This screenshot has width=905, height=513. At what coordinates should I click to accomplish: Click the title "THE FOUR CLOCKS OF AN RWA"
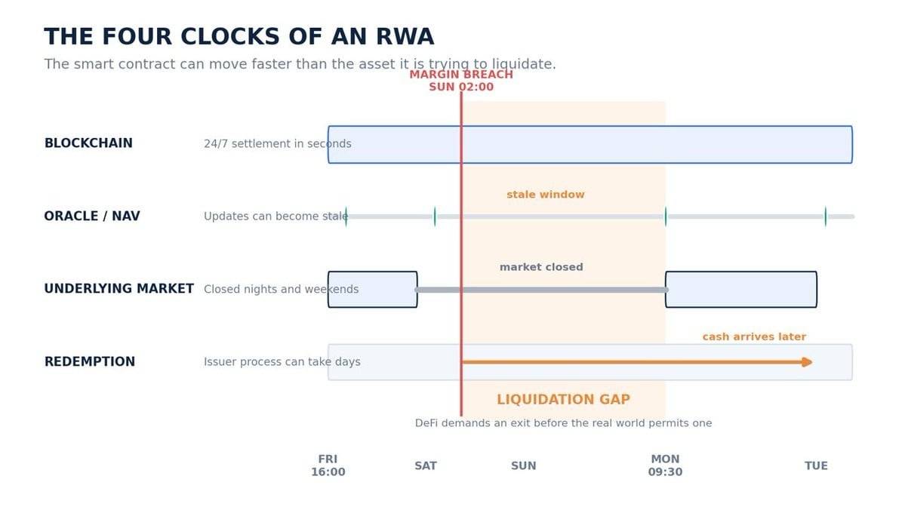pos(239,36)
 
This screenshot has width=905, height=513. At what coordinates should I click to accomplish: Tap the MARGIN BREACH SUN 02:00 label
pos(461,80)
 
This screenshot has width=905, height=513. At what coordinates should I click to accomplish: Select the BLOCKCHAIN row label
pos(88,143)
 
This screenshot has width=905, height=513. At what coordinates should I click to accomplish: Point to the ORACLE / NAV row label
pos(92,216)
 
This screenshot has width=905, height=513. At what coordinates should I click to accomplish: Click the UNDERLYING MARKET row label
pos(119,288)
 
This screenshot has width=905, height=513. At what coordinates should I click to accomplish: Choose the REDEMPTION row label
pos(90,362)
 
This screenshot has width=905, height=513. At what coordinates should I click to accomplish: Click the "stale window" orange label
pos(546,195)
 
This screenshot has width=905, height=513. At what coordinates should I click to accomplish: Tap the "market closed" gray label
pos(541,267)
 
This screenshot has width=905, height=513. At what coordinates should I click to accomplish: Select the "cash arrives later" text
pos(754,336)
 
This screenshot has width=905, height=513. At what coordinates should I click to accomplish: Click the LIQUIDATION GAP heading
pos(563,399)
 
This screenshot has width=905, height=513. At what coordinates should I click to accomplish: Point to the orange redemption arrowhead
pos(808,362)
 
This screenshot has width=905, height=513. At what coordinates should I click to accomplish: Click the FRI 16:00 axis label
pos(328,465)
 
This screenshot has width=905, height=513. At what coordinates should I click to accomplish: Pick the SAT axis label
pos(426,465)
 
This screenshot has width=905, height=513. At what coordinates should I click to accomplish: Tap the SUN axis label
pos(524,465)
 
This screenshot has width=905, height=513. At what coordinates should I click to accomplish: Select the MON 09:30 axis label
pos(665,465)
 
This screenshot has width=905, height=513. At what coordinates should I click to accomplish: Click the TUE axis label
pos(816,465)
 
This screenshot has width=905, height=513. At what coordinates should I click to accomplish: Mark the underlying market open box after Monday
pos(741,289)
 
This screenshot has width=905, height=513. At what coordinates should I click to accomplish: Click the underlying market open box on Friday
pos(372,289)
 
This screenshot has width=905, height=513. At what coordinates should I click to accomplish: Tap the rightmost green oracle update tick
pos(825,217)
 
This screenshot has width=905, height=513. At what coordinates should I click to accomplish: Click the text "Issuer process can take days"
pos(282,362)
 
